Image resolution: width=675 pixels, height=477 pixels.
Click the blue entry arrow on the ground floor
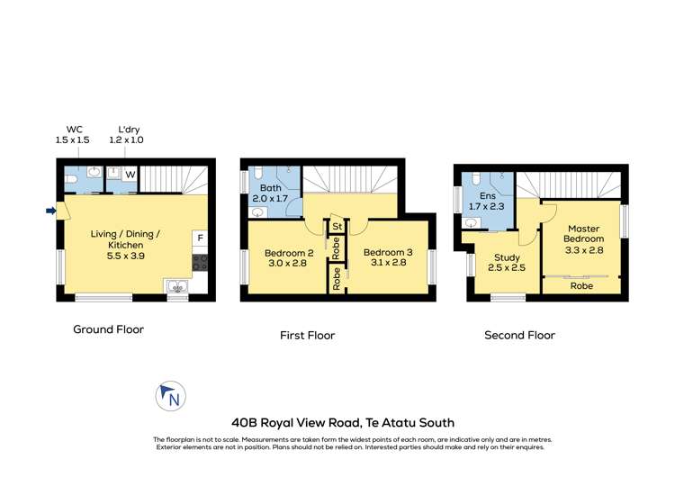tap(51, 211)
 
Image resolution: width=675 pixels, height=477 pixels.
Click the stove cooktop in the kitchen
tap(200, 263)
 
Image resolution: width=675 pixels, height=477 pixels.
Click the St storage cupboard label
tap(336, 226)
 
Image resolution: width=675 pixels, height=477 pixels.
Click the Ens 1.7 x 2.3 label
tap(489, 200)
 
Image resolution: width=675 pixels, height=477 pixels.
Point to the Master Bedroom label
tap(583, 238)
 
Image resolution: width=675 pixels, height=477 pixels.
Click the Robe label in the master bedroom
tap(582, 285)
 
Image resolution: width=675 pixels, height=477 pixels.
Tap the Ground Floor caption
tap(108, 329)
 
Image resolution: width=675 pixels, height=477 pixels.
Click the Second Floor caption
tap(519, 335)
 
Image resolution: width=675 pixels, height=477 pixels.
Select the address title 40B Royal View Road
tap(342, 422)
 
